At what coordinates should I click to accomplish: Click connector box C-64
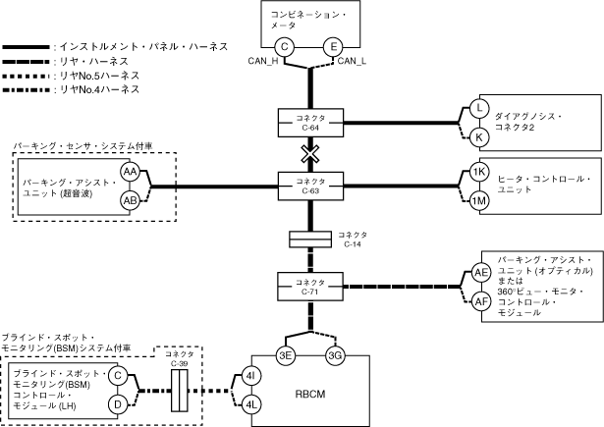click(310, 122)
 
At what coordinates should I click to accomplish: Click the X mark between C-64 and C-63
click(310, 155)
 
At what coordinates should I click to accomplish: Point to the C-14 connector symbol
click(310, 239)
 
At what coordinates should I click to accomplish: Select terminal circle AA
click(130, 172)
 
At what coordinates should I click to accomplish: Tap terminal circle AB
click(130, 200)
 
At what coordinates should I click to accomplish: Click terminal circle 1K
click(479, 172)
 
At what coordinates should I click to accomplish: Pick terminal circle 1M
click(479, 200)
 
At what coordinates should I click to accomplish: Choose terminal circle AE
click(480, 272)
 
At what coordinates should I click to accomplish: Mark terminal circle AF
click(480, 300)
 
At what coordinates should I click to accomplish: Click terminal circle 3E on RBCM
click(286, 354)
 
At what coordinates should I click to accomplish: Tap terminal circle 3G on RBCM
click(334, 354)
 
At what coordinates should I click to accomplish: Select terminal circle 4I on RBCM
click(252, 376)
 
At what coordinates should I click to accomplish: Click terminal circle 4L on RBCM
click(252, 403)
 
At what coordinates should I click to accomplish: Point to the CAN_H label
click(267, 62)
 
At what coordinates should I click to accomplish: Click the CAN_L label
click(352, 62)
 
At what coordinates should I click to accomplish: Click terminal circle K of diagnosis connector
click(479, 136)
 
